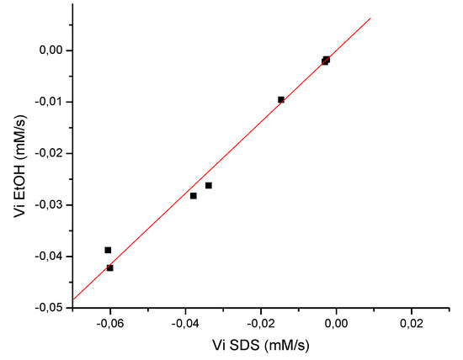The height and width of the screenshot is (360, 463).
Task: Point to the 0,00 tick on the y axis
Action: tap(52, 50)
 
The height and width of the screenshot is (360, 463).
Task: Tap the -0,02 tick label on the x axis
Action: tap(262, 321)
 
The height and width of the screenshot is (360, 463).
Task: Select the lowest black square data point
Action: tap(110, 267)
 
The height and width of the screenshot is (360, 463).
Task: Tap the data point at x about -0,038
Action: tap(194, 196)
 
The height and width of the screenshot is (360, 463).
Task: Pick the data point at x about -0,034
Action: tap(209, 185)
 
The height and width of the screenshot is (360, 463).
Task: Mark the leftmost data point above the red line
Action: tap(108, 250)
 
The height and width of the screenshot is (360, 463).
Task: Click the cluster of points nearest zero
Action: tap(326, 60)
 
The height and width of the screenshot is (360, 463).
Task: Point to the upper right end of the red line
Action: tap(370, 18)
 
